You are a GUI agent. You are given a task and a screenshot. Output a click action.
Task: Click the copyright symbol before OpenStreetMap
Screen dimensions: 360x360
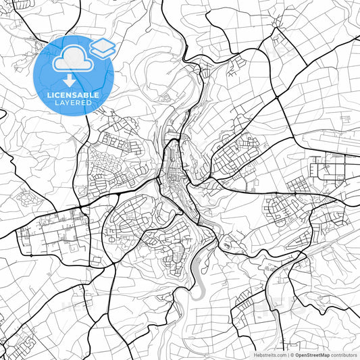[x=292, y=355]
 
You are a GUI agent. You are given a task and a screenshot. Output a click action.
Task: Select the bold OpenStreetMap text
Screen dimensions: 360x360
[x=312, y=355]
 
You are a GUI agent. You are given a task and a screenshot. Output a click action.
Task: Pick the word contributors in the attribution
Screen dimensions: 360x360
[x=344, y=355]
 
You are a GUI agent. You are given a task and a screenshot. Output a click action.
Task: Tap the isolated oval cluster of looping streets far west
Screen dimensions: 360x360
[x=27, y=198]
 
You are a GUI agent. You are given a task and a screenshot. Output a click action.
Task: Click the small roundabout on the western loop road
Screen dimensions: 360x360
[x=109, y=230]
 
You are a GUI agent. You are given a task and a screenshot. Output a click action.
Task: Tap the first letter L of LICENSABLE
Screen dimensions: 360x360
[x=48, y=95]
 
